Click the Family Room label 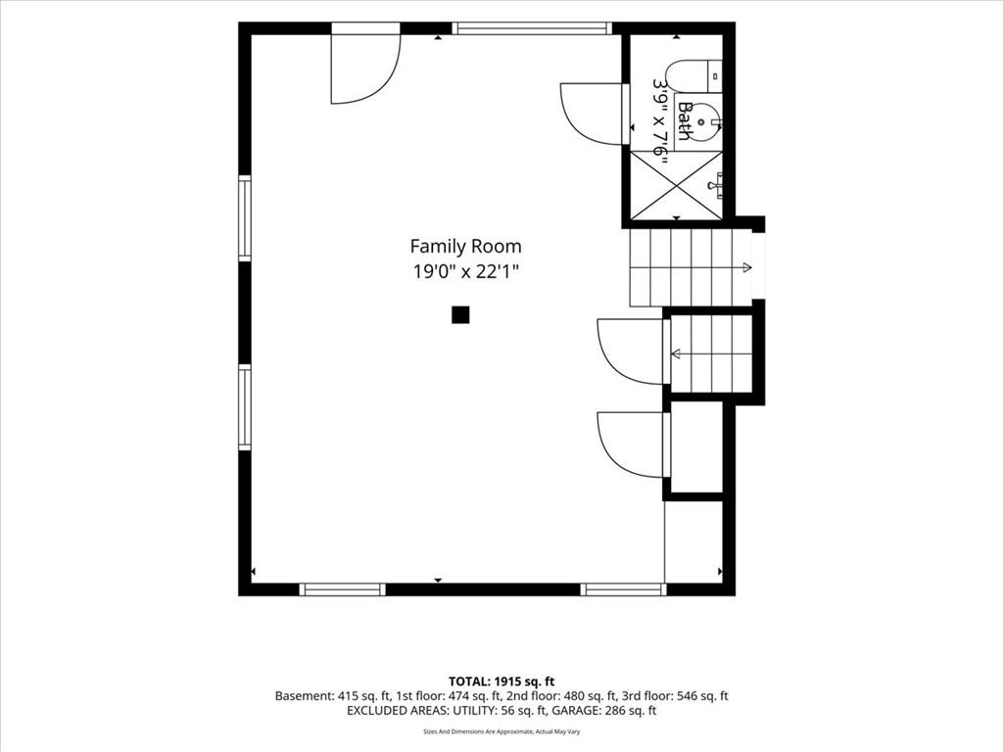[x=465, y=246]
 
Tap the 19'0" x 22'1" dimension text [x=465, y=272]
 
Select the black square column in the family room [x=460, y=314]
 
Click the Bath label [x=685, y=120]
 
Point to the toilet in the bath [x=693, y=76]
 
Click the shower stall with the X [x=677, y=183]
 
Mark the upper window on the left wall [x=245, y=217]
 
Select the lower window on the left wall [x=245, y=407]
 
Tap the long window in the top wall [x=532, y=28]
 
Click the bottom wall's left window [x=342, y=589]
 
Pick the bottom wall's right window [x=623, y=589]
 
